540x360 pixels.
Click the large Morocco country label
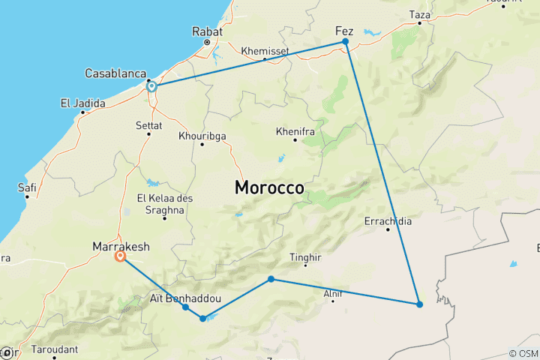(x=270, y=187)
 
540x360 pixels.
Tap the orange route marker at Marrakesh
(x=120, y=256)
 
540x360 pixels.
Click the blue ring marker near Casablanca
(x=151, y=86)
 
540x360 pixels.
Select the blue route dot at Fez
(x=345, y=42)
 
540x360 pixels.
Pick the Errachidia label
(x=388, y=221)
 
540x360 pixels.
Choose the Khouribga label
(x=202, y=136)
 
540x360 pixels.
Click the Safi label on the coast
(x=27, y=187)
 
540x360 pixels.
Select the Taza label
(x=420, y=14)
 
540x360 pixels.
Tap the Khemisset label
(x=265, y=51)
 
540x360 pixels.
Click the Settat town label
(x=148, y=124)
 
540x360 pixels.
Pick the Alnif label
(x=332, y=294)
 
